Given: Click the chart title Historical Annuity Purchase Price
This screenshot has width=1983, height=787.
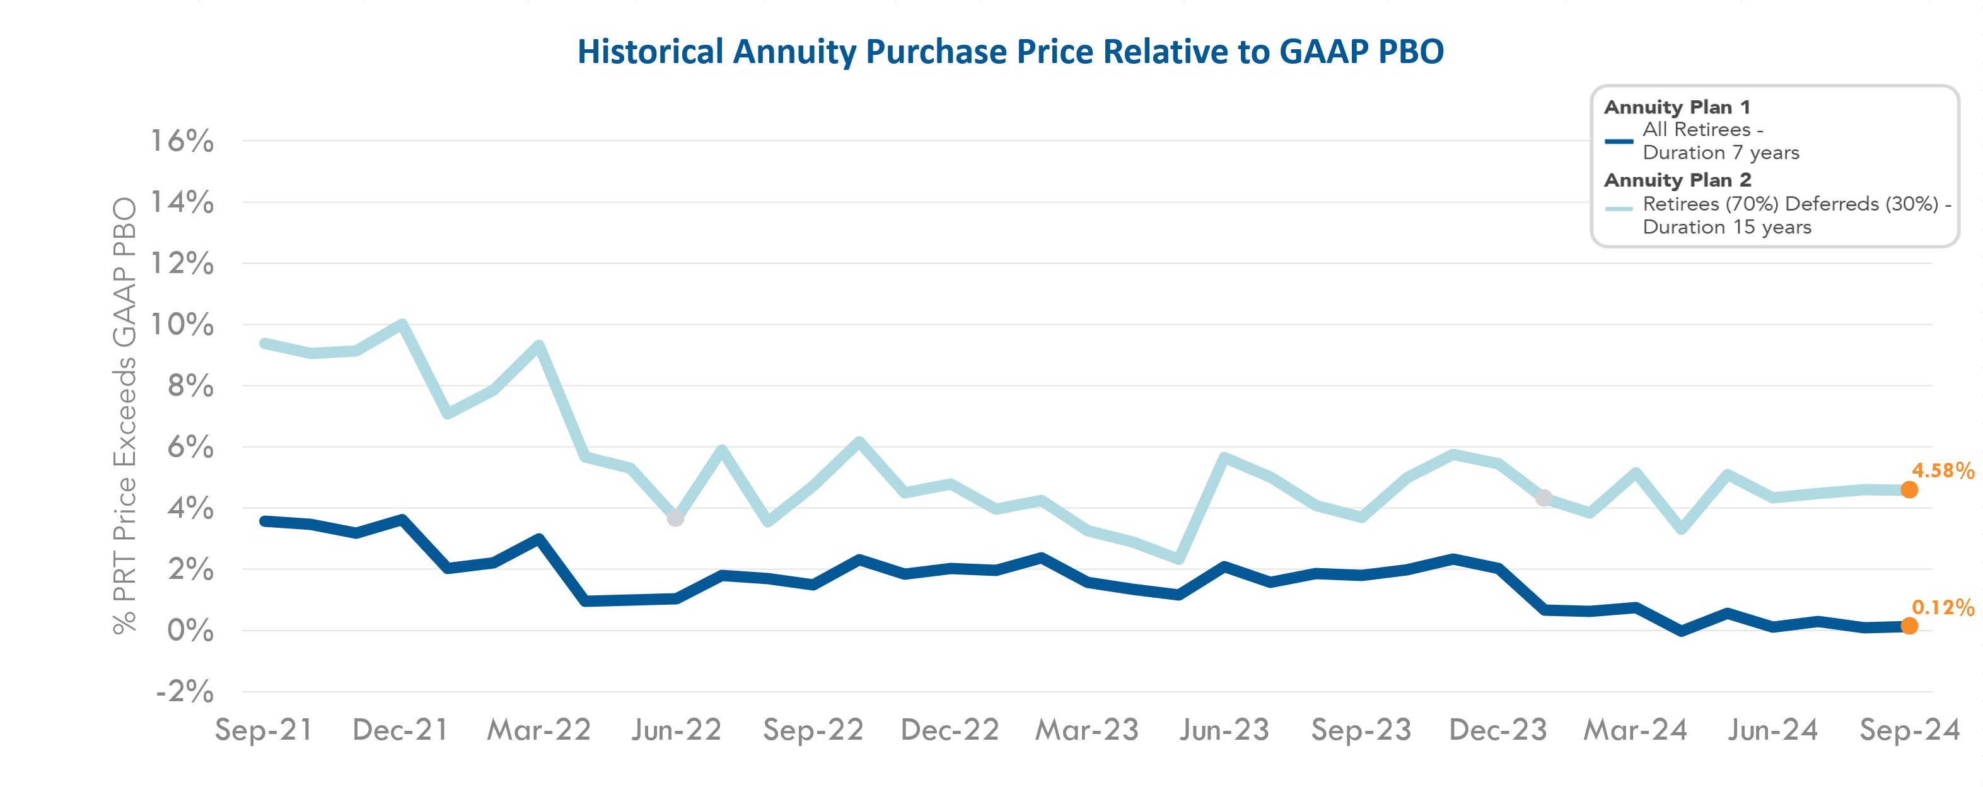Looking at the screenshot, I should click(1010, 52).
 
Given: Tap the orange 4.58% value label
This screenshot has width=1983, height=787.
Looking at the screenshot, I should click(1942, 470).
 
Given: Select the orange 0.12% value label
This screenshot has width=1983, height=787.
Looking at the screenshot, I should click(1942, 607).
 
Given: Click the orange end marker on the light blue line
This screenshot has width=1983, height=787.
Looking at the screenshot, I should click(1909, 490).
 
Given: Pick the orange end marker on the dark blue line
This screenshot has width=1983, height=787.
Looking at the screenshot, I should click(1909, 626).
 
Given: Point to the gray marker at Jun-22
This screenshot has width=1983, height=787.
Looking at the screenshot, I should click(675, 518).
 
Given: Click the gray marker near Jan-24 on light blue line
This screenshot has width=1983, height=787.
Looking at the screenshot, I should click(1544, 498).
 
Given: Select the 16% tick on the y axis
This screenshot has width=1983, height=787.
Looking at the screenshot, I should click(182, 141).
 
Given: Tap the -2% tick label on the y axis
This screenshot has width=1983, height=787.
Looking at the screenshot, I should click(185, 692).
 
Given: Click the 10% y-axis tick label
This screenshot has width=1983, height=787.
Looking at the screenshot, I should click(182, 324).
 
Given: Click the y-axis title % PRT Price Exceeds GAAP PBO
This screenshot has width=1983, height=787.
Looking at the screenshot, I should click(125, 416).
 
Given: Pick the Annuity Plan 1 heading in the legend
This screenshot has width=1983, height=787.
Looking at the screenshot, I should click(1677, 107).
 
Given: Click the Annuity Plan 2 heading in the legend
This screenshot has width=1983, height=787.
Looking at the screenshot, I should click(1677, 180).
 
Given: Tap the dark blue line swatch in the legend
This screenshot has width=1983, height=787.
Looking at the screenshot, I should click(1619, 141).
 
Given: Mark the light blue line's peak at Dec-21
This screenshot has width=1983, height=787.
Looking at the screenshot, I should click(402, 324).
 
